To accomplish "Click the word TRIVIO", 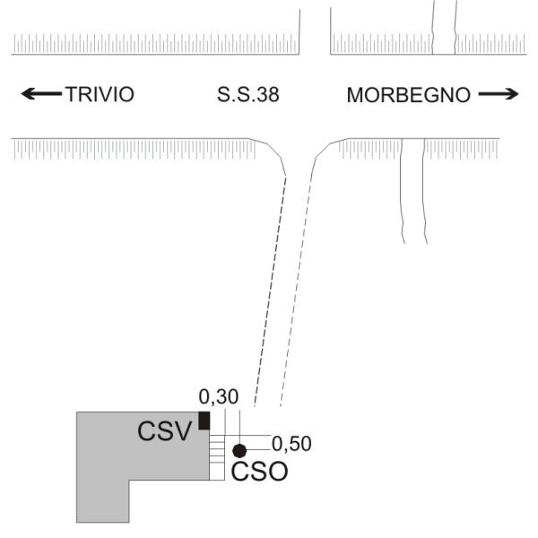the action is coord(100,94).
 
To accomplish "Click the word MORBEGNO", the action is coord(408,95).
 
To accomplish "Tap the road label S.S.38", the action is coord(248,95).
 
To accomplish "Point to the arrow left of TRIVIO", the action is coord(41,93).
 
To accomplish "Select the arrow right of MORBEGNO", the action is coord(499,94).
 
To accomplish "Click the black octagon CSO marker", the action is coord(239,451).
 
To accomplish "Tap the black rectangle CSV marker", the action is coord(204,421).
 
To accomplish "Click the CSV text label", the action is coord(164,431).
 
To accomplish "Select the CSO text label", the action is coord(259,472).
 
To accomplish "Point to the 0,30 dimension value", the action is coord(218,396).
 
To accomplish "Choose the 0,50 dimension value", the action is coord(291,443).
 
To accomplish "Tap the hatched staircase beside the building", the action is coord(217,457).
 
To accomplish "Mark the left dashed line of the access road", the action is coord(270,291).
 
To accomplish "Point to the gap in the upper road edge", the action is coord(315,31).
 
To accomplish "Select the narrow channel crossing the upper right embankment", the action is coord(445,28).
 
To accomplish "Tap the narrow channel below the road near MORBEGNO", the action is coord(413,191).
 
